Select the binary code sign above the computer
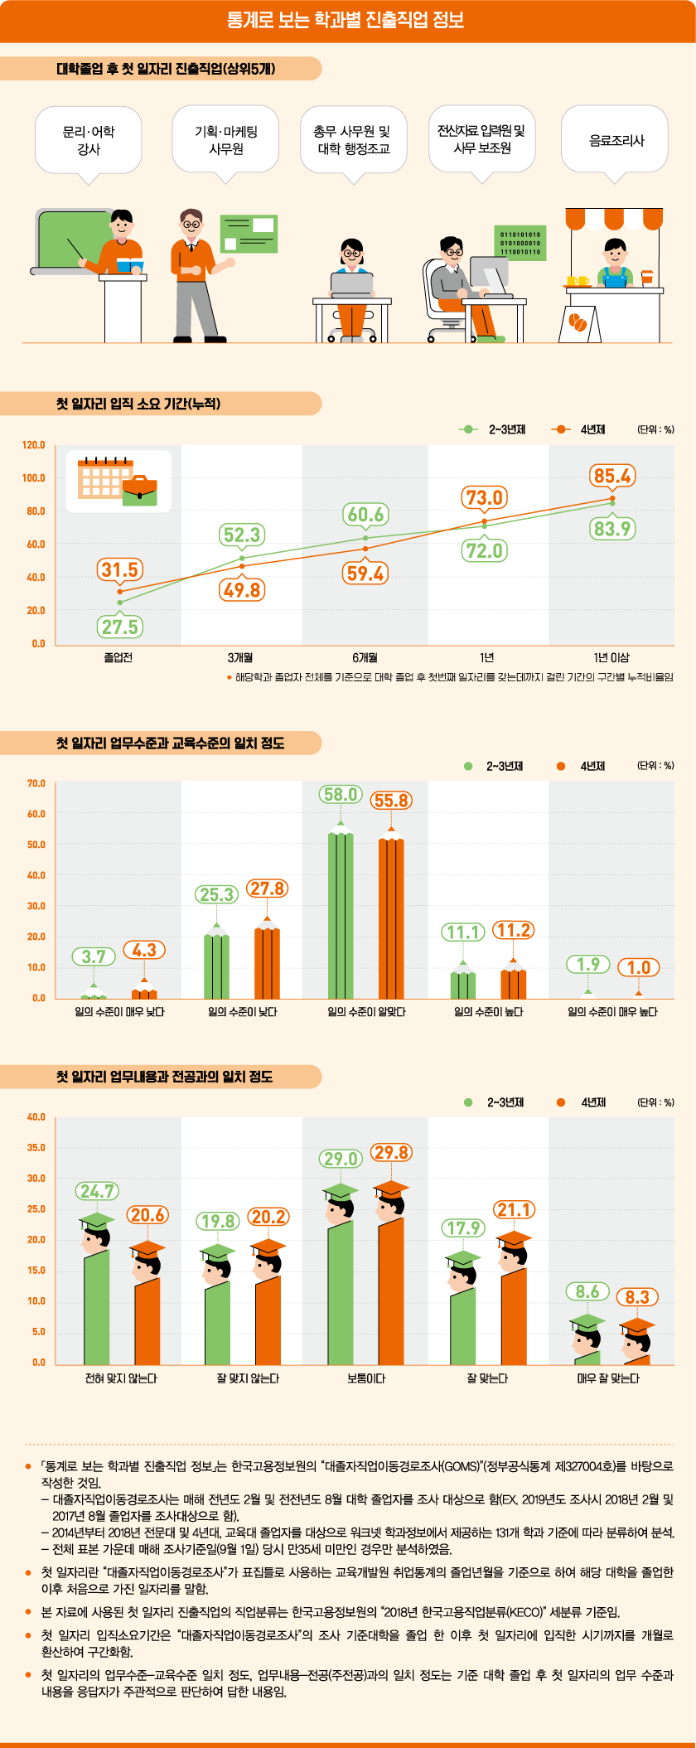pos(520,240)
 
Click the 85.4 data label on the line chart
pos(612,476)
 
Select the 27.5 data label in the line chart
pos(119,627)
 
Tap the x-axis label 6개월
pos(365,657)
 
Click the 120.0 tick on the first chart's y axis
pos(34,445)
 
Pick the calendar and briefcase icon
pos(118,481)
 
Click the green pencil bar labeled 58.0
pos(340,912)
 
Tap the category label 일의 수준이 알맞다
pos(365,1012)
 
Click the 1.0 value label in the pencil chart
pos(638,967)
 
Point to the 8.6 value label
pos(587,1291)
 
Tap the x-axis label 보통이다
pos(365,1378)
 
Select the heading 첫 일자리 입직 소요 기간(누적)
pos(138,404)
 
